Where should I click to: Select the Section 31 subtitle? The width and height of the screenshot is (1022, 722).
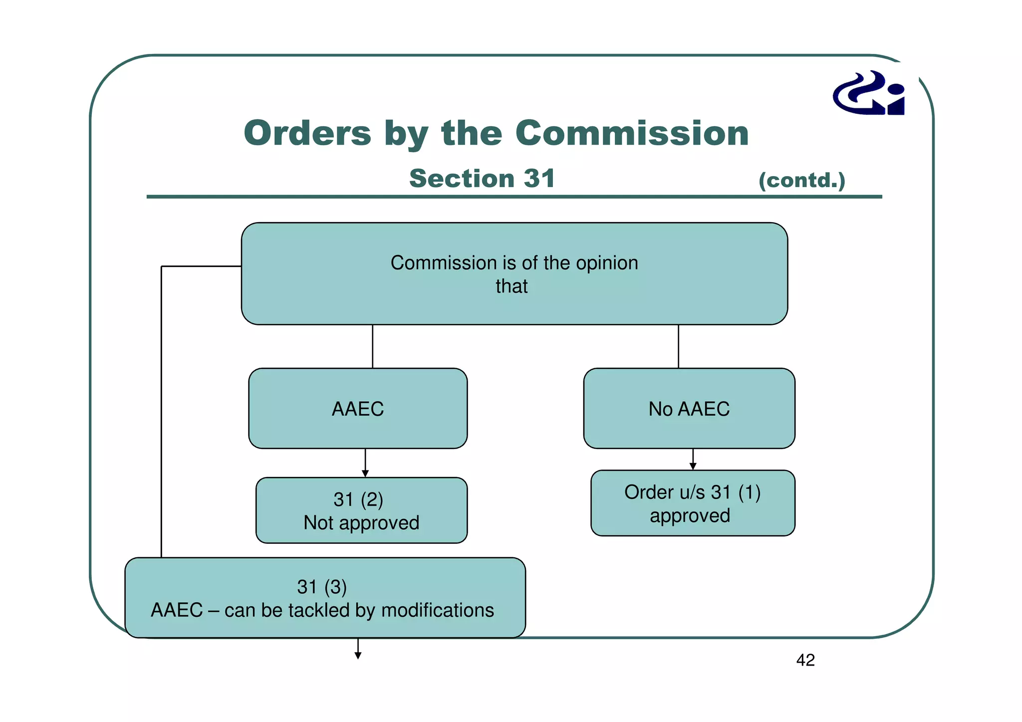pos(482,179)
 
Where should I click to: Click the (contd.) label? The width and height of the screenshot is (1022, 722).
pos(801,180)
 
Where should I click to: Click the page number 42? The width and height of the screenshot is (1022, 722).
pos(805,660)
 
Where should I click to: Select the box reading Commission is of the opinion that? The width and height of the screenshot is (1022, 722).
pos(514,274)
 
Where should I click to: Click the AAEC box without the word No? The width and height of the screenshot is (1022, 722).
pos(358,409)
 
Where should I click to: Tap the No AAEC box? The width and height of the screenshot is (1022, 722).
pos(689,409)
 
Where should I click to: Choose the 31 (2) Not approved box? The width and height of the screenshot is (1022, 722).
pos(361,510)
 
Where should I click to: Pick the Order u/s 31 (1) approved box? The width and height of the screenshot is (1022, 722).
pos(692,503)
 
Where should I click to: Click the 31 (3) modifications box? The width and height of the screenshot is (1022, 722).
pos(325,598)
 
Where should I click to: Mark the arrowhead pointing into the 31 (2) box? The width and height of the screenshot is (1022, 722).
pos(365,474)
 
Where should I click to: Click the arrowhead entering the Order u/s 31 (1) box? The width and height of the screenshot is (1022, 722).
pos(693,466)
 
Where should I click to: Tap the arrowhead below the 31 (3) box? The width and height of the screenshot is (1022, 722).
pos(358,656)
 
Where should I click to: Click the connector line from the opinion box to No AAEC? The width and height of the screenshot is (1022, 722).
pos(678,346)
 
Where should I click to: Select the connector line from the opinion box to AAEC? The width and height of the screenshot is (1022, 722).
pos(373,346)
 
